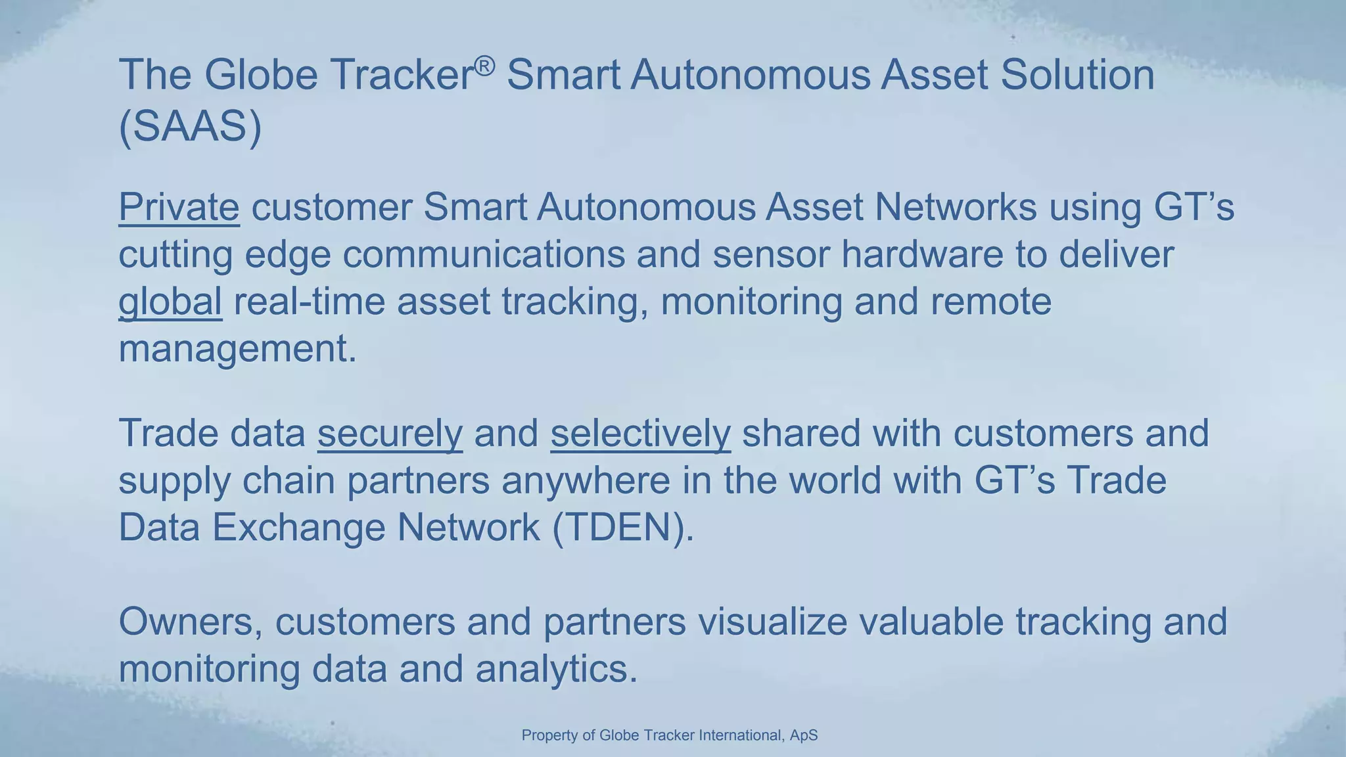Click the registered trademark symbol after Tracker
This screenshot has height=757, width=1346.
click(484, 66)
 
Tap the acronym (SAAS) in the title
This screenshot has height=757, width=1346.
click(191, 126)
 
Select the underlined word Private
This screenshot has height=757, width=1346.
click(179, 207)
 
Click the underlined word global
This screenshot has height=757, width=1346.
click(170, 302)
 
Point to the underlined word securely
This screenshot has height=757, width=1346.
click(390, 434)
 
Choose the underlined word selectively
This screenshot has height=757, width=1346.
click(640, 434)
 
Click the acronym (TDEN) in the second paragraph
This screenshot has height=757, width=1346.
click(623, 528)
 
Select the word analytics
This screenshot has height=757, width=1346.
click(556, 669)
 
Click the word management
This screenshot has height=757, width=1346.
click(237, 349)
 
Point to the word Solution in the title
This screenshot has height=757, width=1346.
click(1077, 74)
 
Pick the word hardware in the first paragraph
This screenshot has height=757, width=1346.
click(922, 254)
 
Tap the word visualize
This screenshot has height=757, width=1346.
click(772, 622)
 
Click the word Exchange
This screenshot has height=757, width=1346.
click(298, 528)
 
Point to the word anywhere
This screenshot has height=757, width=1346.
click(586, 481)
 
